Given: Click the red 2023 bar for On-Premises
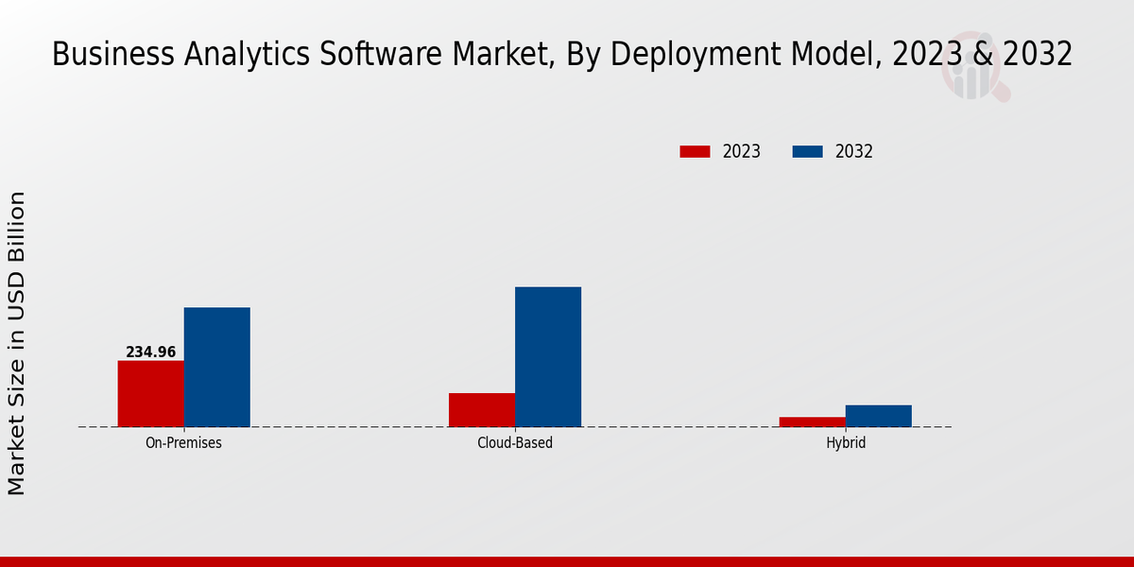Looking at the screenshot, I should pos(150,393).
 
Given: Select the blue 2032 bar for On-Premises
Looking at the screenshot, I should pos(216,367).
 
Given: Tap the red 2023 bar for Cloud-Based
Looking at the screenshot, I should pos(482,409).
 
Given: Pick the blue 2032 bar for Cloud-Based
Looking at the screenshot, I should pos(548,356).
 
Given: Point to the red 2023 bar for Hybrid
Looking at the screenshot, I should pos(813,421).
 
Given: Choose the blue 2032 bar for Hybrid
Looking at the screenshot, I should pos(879,416).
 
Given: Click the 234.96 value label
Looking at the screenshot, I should pos(151,352).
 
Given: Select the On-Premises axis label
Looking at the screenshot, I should pos(183,442).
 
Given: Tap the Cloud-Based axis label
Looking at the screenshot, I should pos(515,442).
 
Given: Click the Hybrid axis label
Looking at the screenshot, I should pos(846,442).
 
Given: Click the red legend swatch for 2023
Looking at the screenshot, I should pos(695,151).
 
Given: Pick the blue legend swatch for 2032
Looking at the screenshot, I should pos(807,151).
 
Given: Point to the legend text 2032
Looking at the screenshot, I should pos(853,151).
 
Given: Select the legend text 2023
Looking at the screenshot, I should pos(742,151).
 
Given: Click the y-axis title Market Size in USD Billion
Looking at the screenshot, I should pos(17,343).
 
